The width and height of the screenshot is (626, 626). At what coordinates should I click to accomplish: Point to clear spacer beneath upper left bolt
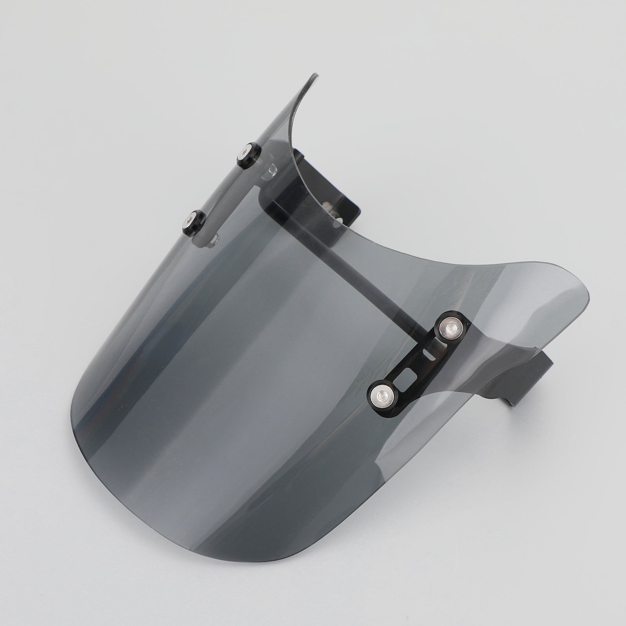[270, 172]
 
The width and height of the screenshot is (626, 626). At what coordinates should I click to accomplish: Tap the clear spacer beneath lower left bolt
[214, 241]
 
